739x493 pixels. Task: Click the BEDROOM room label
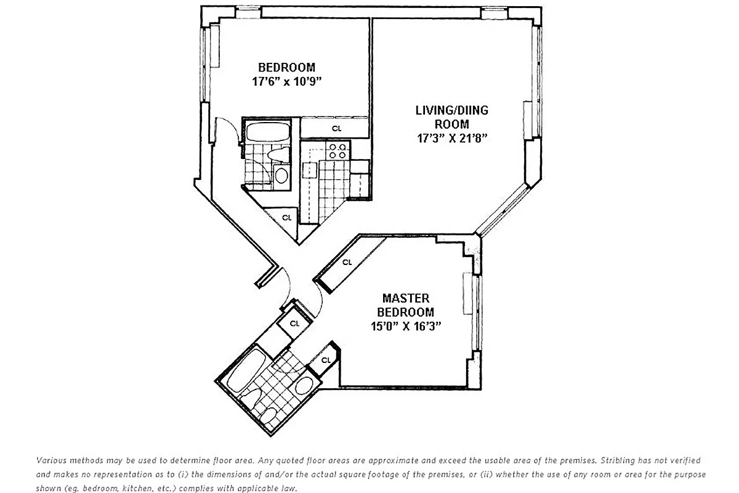pyautogui.click(x=286, y=67)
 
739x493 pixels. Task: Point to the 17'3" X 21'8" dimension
pyautogui.click(x=452, y=137)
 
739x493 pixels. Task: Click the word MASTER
pyautogui.click(x=405, y=299)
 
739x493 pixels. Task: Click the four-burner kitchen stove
pyautogui.click(x=337, y=151)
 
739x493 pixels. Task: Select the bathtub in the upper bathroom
pyautogui.click(x=269, y=132)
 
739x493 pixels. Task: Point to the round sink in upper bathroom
pyautogui.click(x=280, y=175)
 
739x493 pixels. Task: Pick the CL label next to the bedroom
pyautogui.click(x=336, y=129)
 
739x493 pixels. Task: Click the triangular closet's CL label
pyautogui.click(x=286, y=218)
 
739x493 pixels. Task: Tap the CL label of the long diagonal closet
pyautogui.click(x=347, y=262)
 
